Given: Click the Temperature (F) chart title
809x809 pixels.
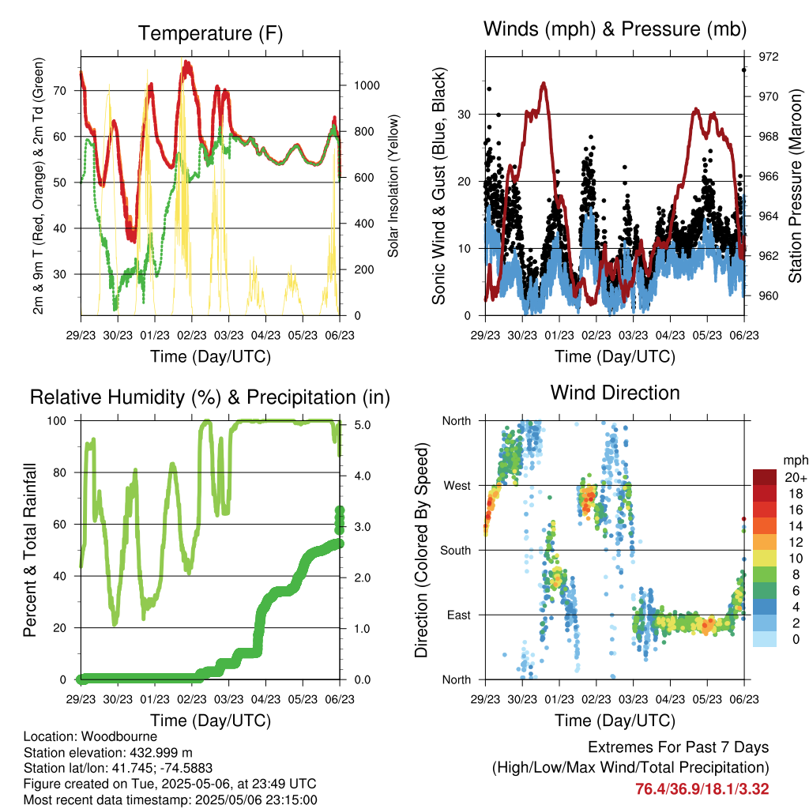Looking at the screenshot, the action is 210,33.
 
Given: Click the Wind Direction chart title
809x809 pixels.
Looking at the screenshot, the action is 615,393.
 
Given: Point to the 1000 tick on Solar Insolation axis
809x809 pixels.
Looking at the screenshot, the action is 367,85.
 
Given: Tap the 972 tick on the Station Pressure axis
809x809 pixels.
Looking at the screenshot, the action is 768,57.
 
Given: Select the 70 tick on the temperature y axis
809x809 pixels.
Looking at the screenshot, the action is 60,91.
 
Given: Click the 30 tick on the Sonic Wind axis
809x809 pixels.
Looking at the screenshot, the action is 465,115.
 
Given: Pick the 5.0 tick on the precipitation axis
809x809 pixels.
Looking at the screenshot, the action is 362,425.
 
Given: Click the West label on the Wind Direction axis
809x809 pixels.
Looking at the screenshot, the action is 457,486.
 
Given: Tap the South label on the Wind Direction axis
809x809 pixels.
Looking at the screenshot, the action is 456,551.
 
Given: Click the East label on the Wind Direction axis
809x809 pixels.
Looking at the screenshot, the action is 459,615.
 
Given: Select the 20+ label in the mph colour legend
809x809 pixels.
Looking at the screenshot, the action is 795,478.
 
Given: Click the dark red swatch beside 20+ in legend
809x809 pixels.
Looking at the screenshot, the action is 765,477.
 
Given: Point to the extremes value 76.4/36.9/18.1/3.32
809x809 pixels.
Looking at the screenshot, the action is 702,789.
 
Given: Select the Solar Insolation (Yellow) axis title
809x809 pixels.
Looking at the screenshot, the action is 393,186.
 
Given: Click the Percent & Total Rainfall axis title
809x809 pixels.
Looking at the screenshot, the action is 30,550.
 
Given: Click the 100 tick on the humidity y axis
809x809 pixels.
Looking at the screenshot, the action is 57,421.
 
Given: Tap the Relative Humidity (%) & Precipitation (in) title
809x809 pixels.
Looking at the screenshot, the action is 210,397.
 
